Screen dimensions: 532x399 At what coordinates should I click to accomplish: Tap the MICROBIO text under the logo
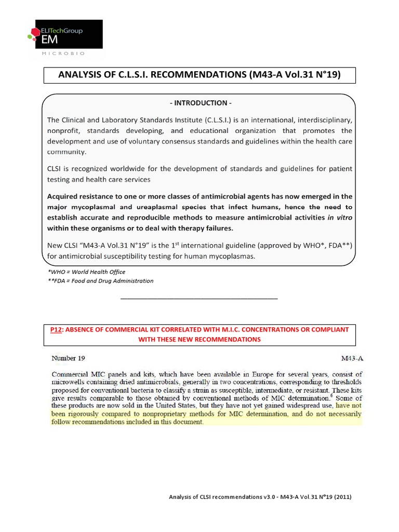tap(64, 54)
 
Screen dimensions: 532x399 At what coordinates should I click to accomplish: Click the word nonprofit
tap(64, 131)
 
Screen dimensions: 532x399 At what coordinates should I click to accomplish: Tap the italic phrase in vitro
tap(340, 218)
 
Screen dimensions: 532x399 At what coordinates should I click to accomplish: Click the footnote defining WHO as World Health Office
tap(86, 272)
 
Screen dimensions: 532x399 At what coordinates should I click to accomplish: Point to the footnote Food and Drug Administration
tap(100, 281)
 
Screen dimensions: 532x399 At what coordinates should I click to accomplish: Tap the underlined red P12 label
tap(56, 330)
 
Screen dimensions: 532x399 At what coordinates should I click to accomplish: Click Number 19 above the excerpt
tap(68, 358)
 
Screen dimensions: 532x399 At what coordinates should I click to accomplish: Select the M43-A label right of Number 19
tap(352, 358)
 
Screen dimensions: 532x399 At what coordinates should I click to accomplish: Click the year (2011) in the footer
tap(341, 497)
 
